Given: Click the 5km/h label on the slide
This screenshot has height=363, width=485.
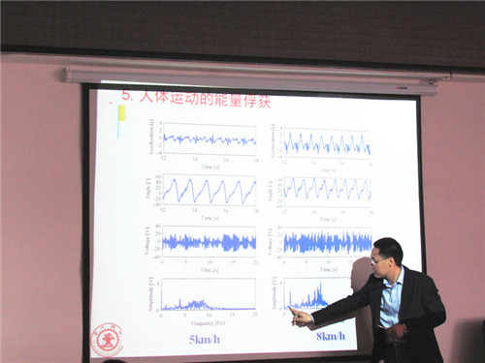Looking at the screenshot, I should [207, 338].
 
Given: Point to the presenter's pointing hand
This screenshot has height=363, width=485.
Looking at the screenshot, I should [302, 316].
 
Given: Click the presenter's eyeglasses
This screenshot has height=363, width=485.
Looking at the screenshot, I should [379, 259].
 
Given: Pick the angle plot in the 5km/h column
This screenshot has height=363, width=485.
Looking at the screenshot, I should [209, 189].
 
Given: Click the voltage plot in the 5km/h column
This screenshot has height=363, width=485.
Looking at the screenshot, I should [209, 239].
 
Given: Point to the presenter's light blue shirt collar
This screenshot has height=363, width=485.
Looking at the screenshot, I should [392, 287].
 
